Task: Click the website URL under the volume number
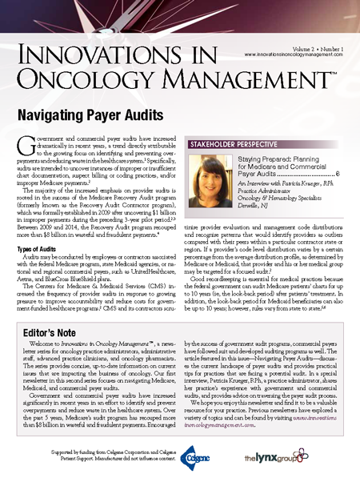tap(291, 54)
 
